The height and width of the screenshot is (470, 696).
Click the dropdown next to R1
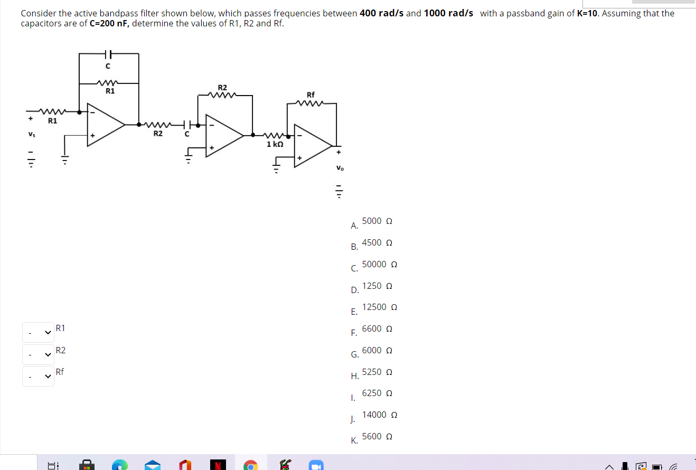[38, 332]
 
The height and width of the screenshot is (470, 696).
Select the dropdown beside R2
[38, 354]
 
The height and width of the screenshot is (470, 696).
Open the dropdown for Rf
[38, 376]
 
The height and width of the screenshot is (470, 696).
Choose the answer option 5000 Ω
[377, 221]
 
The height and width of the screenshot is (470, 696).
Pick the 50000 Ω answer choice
[379, 264]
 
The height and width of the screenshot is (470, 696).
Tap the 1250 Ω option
[377, 286]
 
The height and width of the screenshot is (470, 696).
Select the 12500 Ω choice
[379, 307]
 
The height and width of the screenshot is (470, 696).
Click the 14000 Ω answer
[379, 415]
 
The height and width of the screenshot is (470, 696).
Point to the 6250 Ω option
[377, 393]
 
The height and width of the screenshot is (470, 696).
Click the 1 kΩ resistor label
[275, 144]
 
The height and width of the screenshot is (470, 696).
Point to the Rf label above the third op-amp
[311, 95]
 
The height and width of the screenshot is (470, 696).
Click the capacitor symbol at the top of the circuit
[108, 54]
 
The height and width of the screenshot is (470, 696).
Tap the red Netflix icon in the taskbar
[217, 465]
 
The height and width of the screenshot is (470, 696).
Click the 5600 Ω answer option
[377, 437]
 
